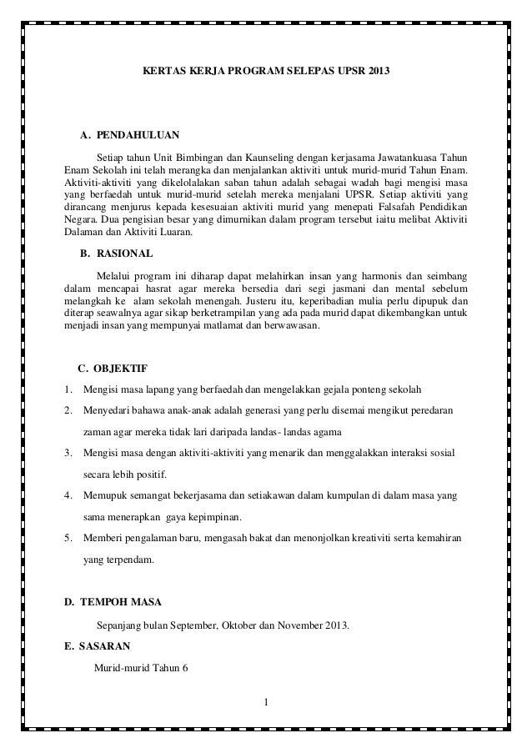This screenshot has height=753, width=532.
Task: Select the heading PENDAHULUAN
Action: click(x=137, y=134)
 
